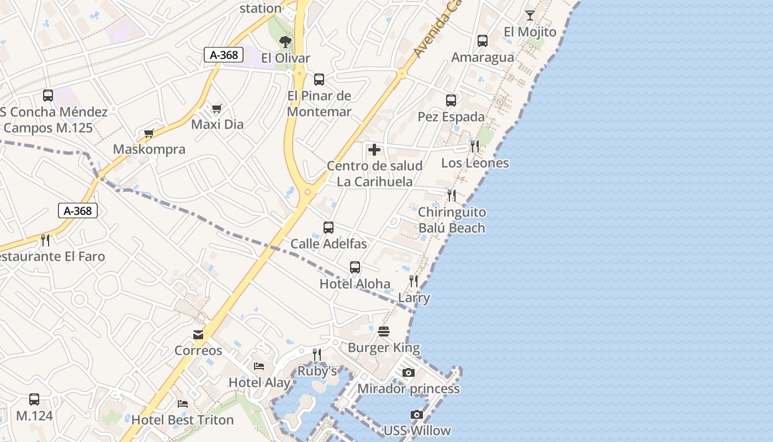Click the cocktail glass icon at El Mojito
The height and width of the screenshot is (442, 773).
pyautogui.click(x=530, y=15)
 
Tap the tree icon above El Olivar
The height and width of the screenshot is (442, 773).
pyautogui.click(x=285, y=41)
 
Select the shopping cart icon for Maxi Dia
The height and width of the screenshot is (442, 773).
pyautogui.click(x=216, y=108)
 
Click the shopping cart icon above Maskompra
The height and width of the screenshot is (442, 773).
pyautogui.click(x=149, y=133)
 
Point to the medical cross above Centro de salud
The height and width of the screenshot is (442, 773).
pyautogui.click(x=374, y=149)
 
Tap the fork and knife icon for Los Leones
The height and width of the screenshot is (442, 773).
pyautogui.click(x=474, y=146)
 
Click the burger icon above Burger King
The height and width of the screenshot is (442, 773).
pyautogui.click(x=384, y=331)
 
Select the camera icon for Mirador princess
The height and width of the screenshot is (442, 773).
pyautogui.click(x=408, y=372)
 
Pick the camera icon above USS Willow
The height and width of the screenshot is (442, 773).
pyautogui.click(x=417, y=414)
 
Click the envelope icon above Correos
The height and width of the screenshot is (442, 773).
pyautogui.click(x=198, y=334)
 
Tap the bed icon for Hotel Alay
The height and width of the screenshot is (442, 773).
pyautogui.click(x=259, y=366)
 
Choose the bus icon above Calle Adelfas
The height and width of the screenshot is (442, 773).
pyautogui.click(x=329, y=227)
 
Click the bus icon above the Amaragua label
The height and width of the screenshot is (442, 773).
pyautogui.click(x=483, y=41)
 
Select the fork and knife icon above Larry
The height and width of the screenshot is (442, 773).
pyautogui.click(x=414, y=281)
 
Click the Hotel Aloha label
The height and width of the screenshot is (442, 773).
pyautogui.click(x=355, y=284)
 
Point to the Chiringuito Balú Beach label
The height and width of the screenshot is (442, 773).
pyautogui.click(x=452, y=220)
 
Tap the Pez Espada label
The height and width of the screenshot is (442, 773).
pyautogui.click(x=451, y=117)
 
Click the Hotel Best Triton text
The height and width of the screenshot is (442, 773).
pyautogui.click(x=183, y=420)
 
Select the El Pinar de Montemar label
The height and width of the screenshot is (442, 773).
pyautogui.click(x=319, y=104)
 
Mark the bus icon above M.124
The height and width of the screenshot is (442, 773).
pyautogui.click(x=34, y=399)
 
